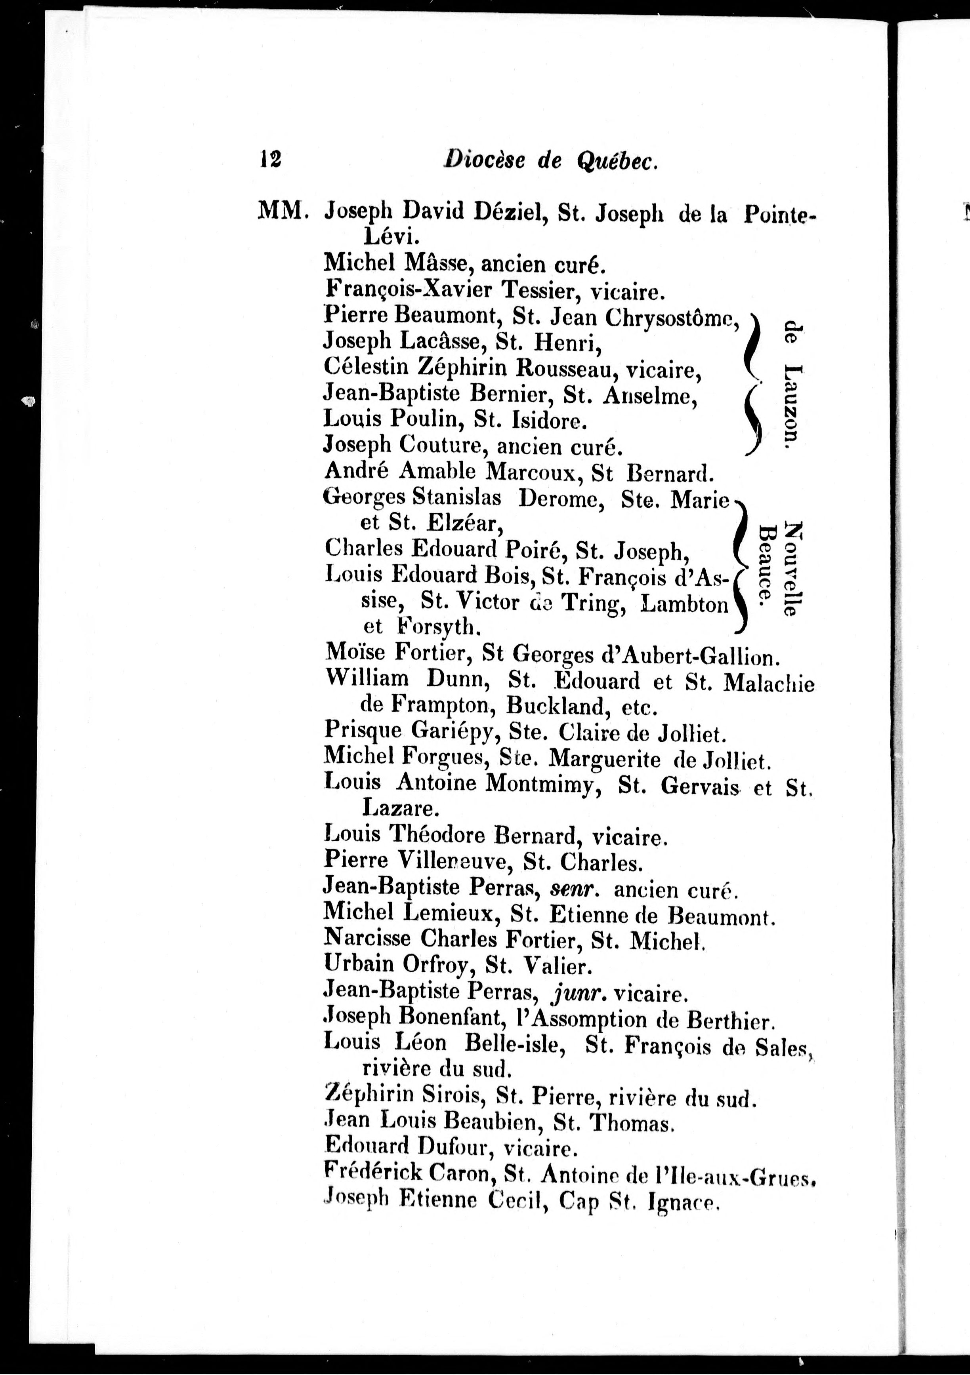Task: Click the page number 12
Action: pos(270,160)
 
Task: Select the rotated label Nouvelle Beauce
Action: pos(779,569)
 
